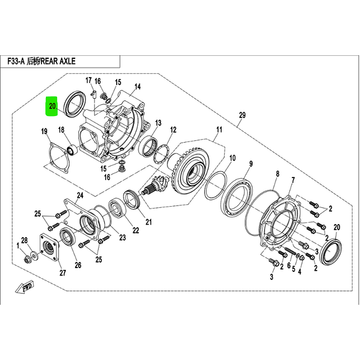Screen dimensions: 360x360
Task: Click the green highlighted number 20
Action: click(x=53, y=107)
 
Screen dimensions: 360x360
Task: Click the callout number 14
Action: click(x=137, y=86)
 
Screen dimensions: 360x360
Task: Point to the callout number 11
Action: click(x=218, y=130)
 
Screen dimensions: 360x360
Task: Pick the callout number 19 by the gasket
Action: click(x=45, y=131)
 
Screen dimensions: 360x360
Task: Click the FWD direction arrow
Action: click(x=27, y=288)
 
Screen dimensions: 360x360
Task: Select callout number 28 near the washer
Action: click(x=24, y=240)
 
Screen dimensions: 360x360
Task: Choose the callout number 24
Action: click(x=79, y=196)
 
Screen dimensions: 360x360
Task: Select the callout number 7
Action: click(x=292, y=181)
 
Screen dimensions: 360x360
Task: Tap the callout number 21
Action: click(x=148, y=222)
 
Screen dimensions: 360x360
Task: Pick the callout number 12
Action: click(x=173, y=130)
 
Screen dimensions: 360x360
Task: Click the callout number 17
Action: click(x=88, y=81)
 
